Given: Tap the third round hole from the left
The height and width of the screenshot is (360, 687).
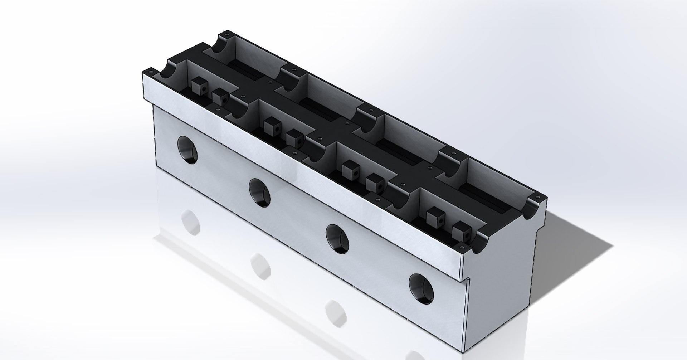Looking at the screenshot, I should tap(338, 239).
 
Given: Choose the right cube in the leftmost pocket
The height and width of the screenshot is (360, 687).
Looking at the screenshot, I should tap(220, 97).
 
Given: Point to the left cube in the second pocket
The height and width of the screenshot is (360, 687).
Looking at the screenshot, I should tap(271, 125).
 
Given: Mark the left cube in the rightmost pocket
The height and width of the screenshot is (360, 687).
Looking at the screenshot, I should tap(434, 215).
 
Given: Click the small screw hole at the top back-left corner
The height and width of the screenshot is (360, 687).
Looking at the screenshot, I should tap(226, 35).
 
